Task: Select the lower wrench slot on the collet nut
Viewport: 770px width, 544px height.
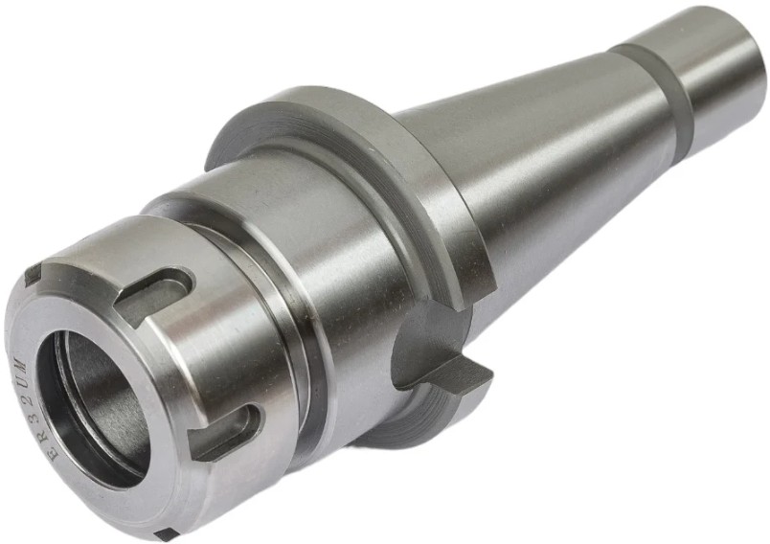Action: [227, 429]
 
